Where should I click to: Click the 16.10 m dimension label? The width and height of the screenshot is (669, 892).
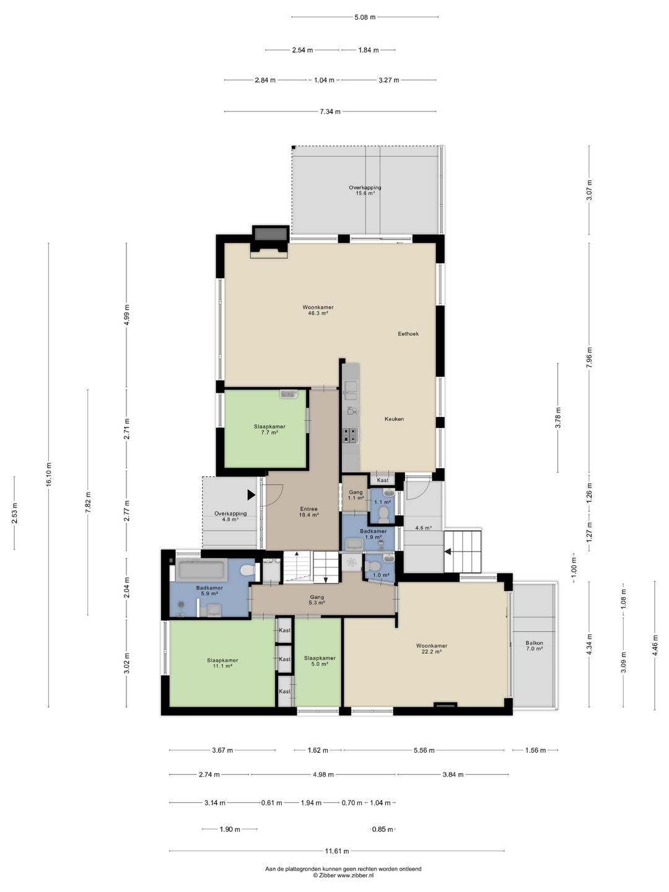pos(49,474)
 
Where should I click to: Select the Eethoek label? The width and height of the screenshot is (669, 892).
pos(408,334)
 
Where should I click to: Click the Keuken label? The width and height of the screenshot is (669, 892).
pos(394,419)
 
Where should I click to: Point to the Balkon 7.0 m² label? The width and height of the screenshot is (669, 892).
pos(534,645)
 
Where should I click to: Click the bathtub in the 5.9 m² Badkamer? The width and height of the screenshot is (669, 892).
pos(202,570)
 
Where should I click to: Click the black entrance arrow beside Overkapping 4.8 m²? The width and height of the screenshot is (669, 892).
pos(251,495)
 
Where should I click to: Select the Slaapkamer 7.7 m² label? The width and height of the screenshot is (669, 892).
pos(269,429)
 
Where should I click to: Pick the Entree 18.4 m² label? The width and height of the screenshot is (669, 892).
pos(308,512)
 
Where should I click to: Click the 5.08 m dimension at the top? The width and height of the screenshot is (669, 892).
pos(365,17)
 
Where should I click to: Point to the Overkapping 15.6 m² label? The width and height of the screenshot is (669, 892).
pos(365,190)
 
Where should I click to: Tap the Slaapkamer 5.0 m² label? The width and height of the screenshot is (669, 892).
pos(320,661)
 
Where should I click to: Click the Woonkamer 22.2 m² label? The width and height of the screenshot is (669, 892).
pos(431,648)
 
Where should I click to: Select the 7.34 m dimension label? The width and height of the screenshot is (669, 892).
pos(330,111)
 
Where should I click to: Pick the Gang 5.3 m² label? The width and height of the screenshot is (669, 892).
pos(317,600)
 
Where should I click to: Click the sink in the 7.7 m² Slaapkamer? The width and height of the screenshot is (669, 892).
pos(289,394)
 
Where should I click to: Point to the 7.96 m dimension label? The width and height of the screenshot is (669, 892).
pos(589,357)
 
